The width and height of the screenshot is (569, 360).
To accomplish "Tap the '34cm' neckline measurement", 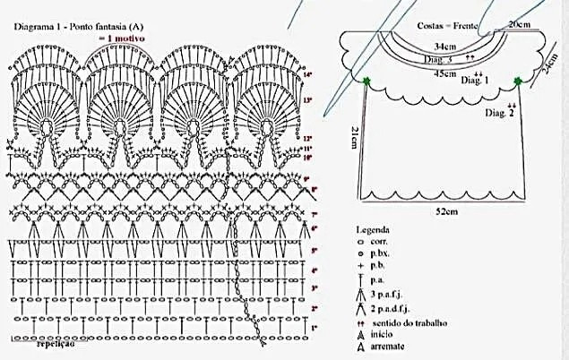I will pos(441,45).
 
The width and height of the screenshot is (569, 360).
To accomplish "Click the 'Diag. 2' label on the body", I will pos(499,114).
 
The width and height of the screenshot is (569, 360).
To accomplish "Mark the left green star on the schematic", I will pos(366,82).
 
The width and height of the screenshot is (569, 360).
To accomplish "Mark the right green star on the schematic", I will pos(518,82).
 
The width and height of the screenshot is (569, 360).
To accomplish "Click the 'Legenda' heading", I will pos(373,229).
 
